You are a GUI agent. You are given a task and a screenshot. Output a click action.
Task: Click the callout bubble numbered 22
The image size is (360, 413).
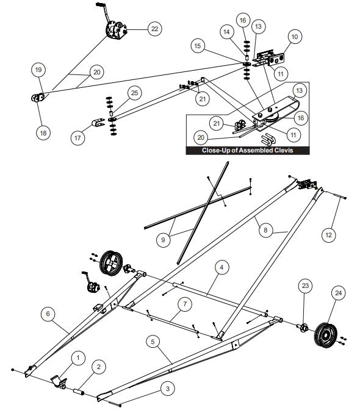[154, 29]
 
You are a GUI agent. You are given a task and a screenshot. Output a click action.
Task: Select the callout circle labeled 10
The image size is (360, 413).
[295, 37]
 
